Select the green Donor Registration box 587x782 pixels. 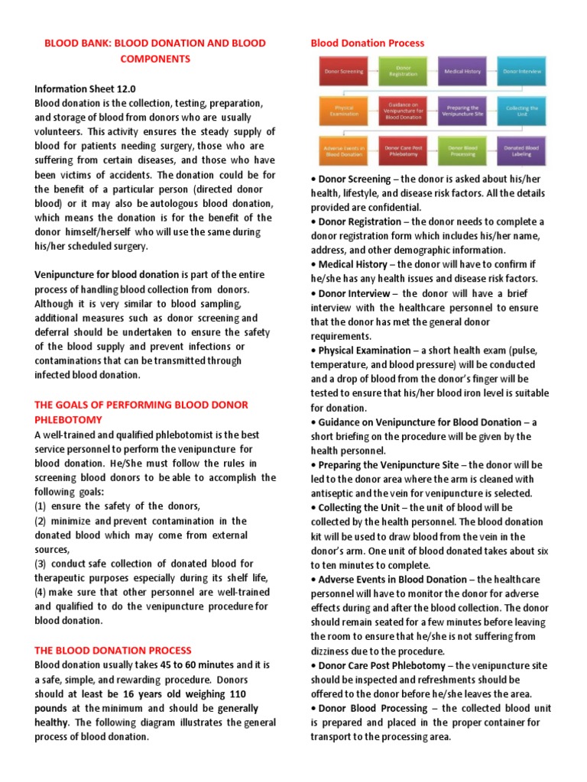tap(403, 71)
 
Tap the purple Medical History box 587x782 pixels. tap(462, 71)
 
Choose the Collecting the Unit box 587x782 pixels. tap(522, 111)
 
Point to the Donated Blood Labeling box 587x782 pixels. tap(522, 150)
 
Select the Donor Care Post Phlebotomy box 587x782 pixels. tap(403, 150)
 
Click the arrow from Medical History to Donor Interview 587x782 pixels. tap(492, 71)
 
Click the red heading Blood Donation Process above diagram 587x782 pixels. tap(367, 43)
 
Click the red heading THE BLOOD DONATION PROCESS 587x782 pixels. tap(113, 650)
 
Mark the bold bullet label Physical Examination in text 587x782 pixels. tap(364, 351)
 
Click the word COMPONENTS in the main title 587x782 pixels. tap(151, 59)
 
